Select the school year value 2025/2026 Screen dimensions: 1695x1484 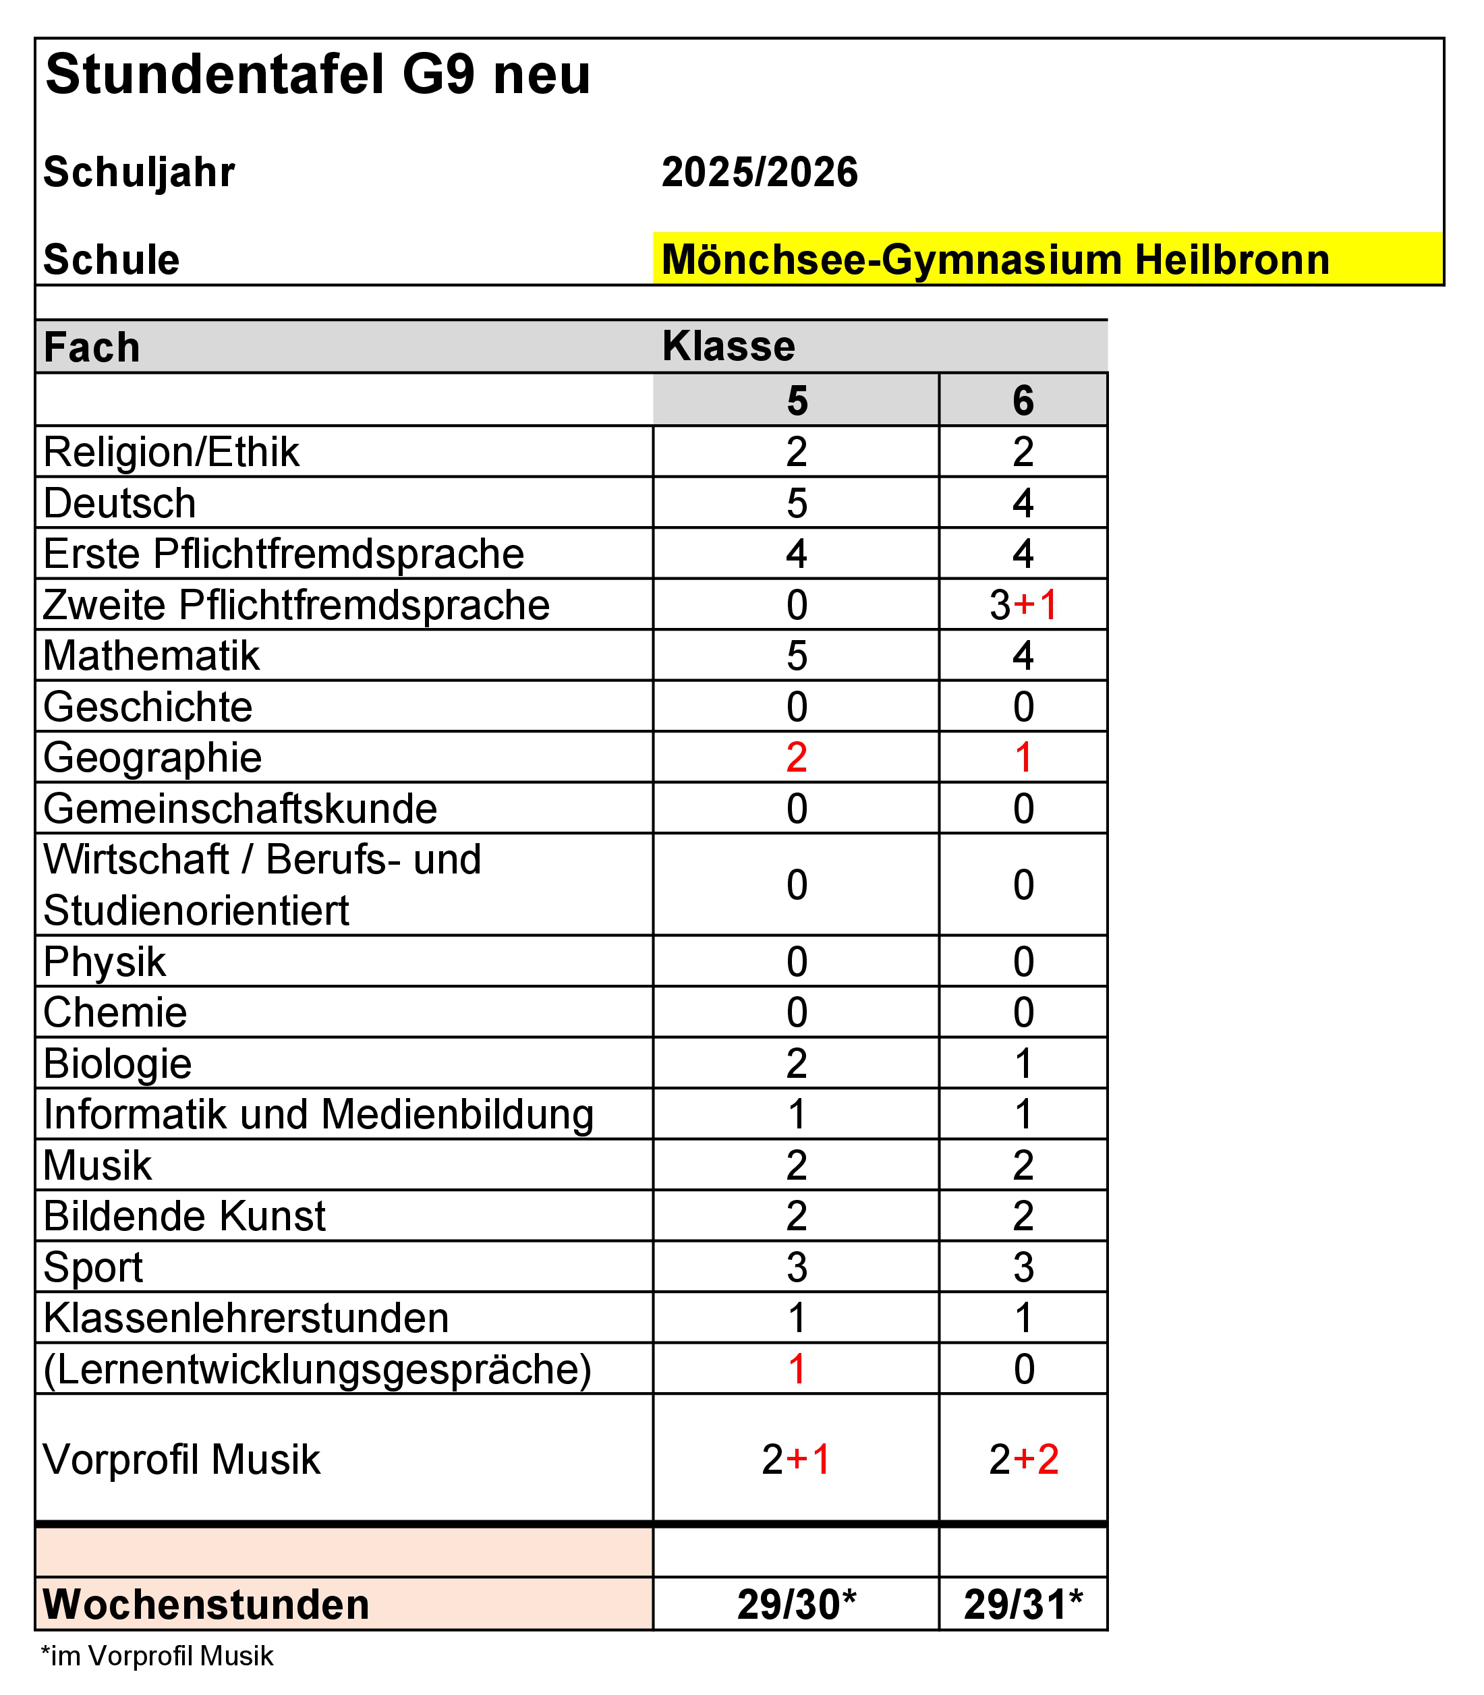point(760,172)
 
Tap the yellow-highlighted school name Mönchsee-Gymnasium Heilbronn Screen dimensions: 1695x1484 point(996,260)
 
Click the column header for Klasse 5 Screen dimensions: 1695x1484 point(797,401)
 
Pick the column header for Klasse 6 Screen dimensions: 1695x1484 point(1023,401)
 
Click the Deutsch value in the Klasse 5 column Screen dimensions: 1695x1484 point(797,503)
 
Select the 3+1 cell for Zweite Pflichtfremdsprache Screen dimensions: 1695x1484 point(1023,605)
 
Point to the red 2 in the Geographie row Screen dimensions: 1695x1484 point(797,757)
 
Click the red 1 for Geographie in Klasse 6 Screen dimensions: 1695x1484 point(1023,757)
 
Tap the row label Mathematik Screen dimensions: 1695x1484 point(152,656)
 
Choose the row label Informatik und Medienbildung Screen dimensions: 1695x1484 point(319,1114)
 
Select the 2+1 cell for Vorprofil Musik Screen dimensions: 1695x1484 point(797,1459)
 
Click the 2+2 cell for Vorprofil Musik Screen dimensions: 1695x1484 point(1023,1459)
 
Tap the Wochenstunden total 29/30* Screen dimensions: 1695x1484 point(797,1605)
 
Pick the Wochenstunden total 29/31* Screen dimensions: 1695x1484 point(1023,1605)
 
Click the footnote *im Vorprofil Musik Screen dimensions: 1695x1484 point(157,1656)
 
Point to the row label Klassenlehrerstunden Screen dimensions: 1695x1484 point(246,1318)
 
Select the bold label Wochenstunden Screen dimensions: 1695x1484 point(206,1605)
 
